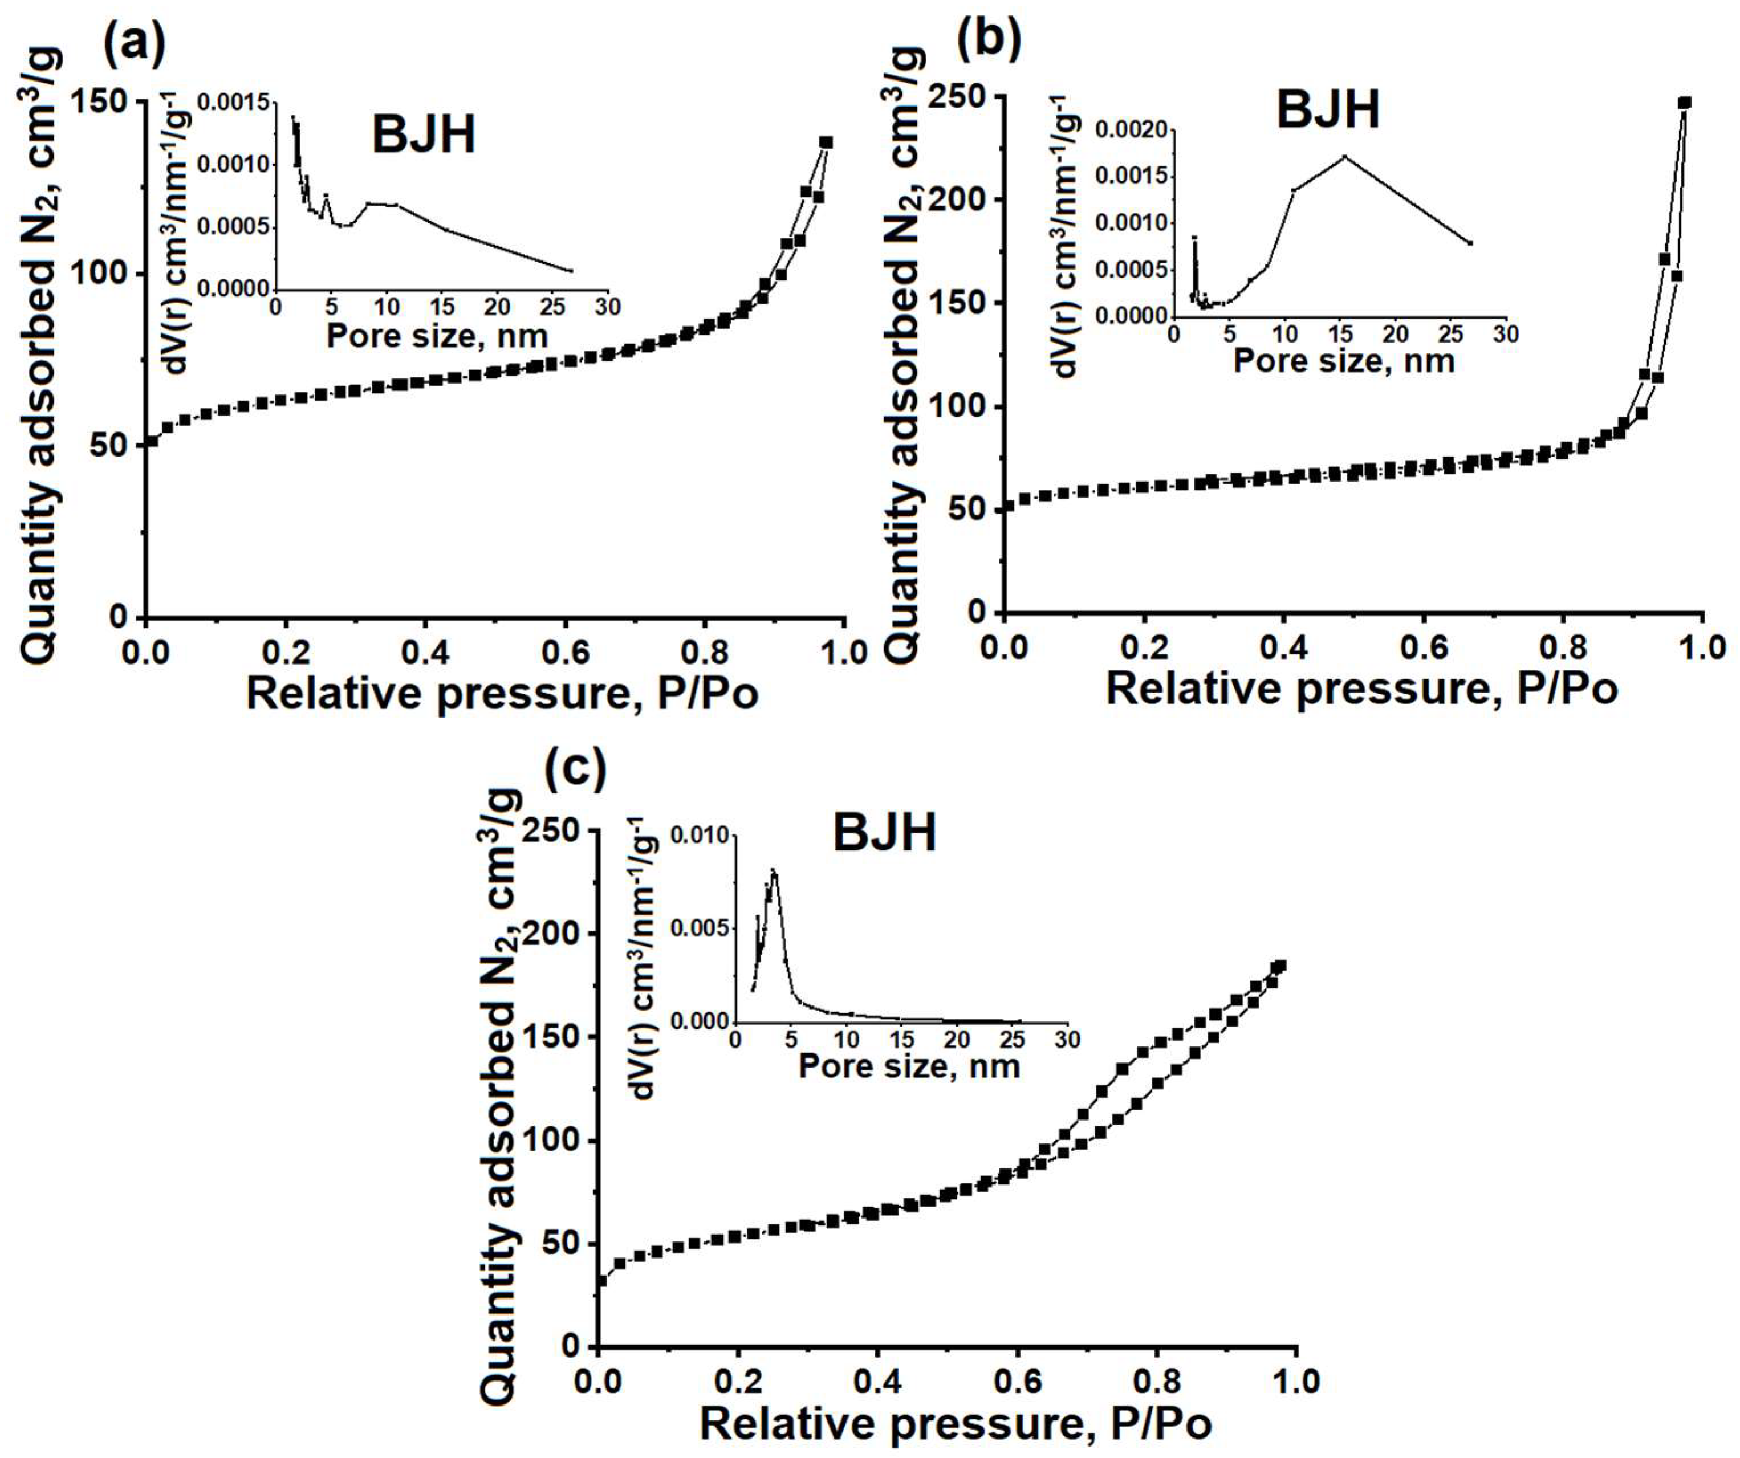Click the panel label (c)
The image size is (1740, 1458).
click(x=575, y=767)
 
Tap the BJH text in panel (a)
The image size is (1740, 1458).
click(x=424, y=135)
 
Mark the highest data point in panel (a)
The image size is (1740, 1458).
click(x=826, y=142)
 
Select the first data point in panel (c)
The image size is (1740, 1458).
click(x=601, y=1281)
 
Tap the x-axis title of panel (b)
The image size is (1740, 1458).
click(x=1361, y=689)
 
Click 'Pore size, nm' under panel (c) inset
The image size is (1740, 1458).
click(x=908, y=1066)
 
